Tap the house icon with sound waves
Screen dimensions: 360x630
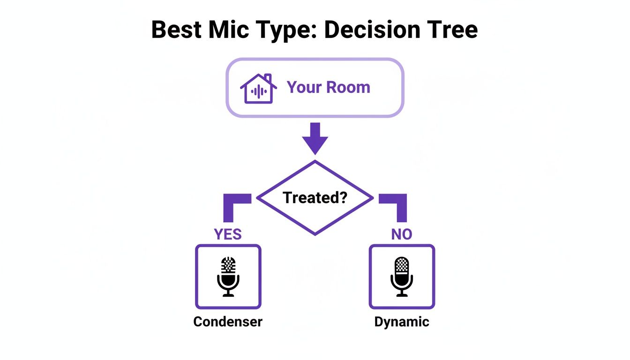pos(256,88)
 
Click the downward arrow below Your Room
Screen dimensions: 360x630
pos(315,138)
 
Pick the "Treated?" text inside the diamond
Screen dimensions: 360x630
pos(315,197)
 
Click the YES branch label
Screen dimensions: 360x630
pos(228,234)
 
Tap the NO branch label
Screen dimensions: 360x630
pos(402,234)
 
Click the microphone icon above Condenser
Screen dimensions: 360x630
pos(228,276)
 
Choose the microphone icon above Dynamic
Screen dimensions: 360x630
pos(402,276)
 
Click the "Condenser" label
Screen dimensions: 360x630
pos(228,322)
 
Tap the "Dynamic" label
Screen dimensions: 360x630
pos(402,322)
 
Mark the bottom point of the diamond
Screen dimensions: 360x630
pos(315,234)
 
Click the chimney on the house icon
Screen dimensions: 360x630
pos(267,78)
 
